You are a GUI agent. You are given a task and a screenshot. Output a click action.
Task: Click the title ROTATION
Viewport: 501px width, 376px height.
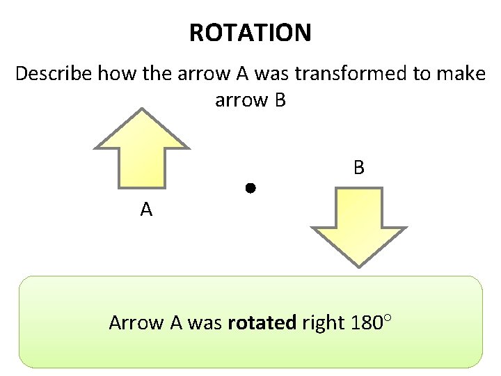point(250,33)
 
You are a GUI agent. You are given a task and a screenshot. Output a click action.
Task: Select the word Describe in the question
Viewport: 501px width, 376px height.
point(53,74)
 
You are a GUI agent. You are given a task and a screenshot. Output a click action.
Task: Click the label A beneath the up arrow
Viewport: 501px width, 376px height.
point(146,210)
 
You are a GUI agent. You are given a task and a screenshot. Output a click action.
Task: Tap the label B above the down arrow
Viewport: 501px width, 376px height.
point(358,168)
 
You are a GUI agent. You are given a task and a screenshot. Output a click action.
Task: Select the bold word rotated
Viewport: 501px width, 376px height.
point(262,323)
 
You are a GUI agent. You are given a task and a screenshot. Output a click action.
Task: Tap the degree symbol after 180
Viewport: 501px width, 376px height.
point(388,318)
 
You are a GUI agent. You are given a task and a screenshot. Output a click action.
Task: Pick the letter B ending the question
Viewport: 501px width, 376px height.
point(279,100)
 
